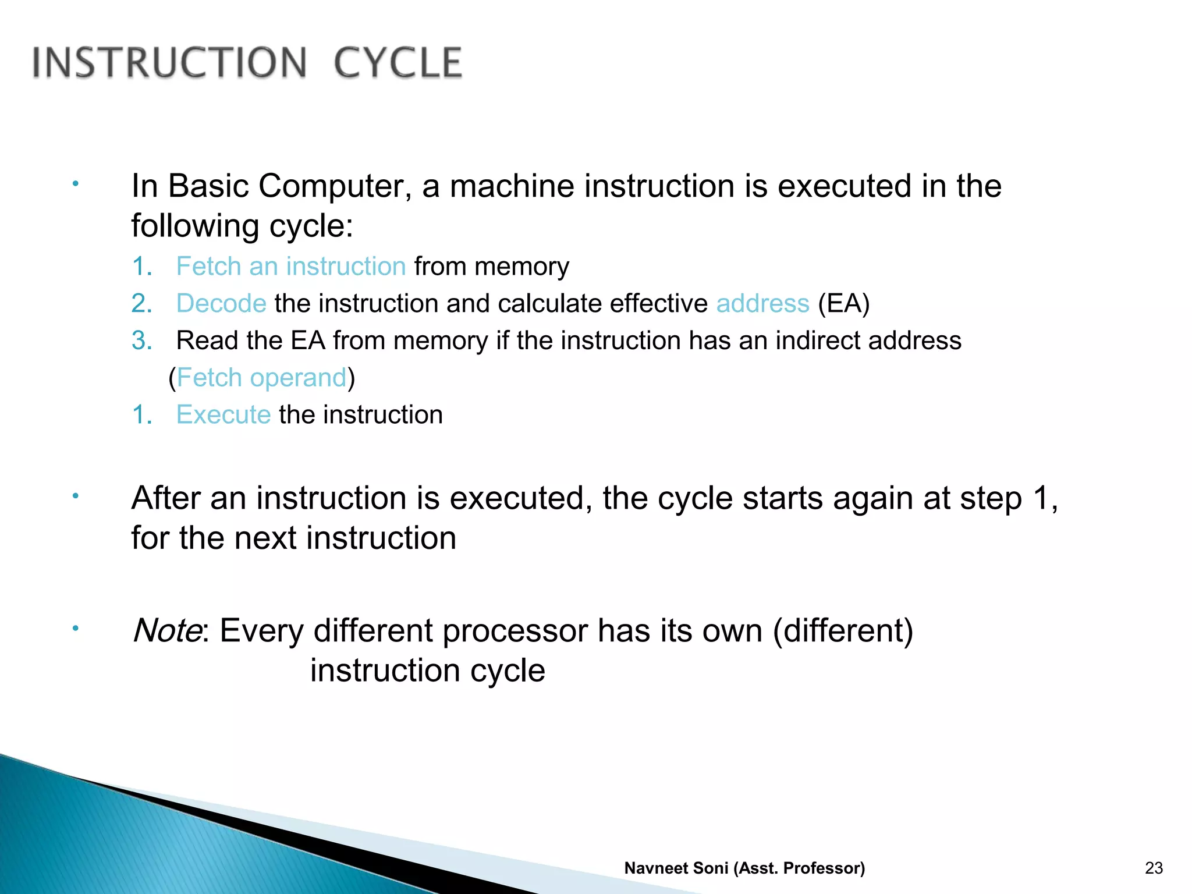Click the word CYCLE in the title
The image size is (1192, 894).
398,63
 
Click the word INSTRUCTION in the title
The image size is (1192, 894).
169,63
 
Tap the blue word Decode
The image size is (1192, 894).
221,304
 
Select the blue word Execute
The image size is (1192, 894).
223,415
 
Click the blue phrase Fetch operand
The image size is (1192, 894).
261,378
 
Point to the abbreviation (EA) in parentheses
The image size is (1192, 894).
843,304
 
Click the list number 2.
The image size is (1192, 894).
141,304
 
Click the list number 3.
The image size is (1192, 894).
141,340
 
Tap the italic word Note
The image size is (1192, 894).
167,630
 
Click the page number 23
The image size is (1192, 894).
1154,868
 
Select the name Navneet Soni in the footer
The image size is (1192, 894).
676,868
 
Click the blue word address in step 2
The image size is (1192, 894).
762,304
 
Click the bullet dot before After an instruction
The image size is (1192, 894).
75,496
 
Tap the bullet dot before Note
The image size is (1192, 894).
75,629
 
